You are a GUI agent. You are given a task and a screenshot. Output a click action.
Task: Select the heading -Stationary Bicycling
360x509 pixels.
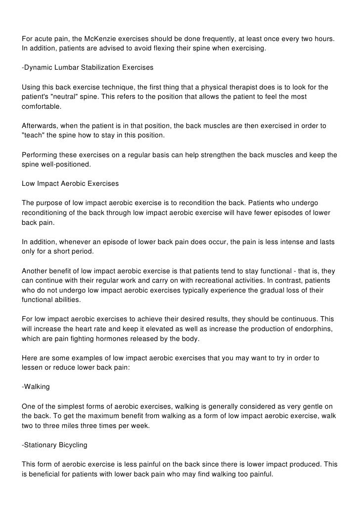pyautogui.click(x=54, y=445)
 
